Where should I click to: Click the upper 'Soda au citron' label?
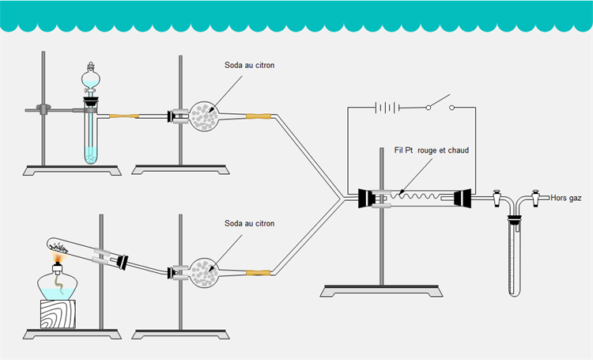pos(250,66)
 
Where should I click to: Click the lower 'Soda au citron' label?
pos(250,224)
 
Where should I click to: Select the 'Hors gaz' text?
pos(566,198)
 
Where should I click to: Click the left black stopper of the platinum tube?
pos(366,199)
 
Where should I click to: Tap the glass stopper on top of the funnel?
pos(92,66)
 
